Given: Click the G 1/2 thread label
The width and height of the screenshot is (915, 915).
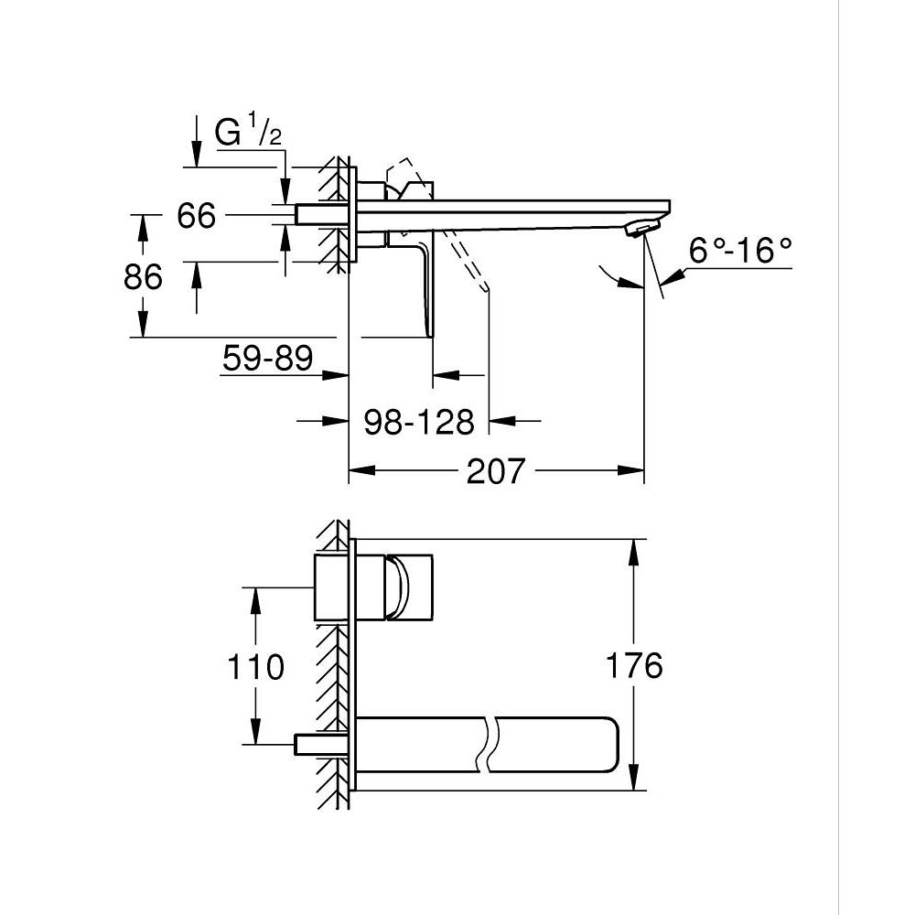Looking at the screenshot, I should click(247, 134).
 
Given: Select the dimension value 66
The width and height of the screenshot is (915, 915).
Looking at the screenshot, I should click(196, 217).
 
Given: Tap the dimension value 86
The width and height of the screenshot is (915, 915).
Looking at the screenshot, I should click(143, 276).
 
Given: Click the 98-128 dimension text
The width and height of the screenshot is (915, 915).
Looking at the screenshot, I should click(419, 422).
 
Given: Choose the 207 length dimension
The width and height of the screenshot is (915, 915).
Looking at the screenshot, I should click(497, 472).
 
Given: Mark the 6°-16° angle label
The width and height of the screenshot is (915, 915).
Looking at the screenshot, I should click(740, 250).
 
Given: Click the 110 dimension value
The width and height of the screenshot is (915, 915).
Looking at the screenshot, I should click(255, 667).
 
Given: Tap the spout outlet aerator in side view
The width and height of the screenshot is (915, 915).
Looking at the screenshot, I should click(640, 229).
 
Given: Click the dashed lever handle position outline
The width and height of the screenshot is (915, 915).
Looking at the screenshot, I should click(467, 265).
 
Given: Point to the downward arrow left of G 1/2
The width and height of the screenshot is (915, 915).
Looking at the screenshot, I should click(196, 146).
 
